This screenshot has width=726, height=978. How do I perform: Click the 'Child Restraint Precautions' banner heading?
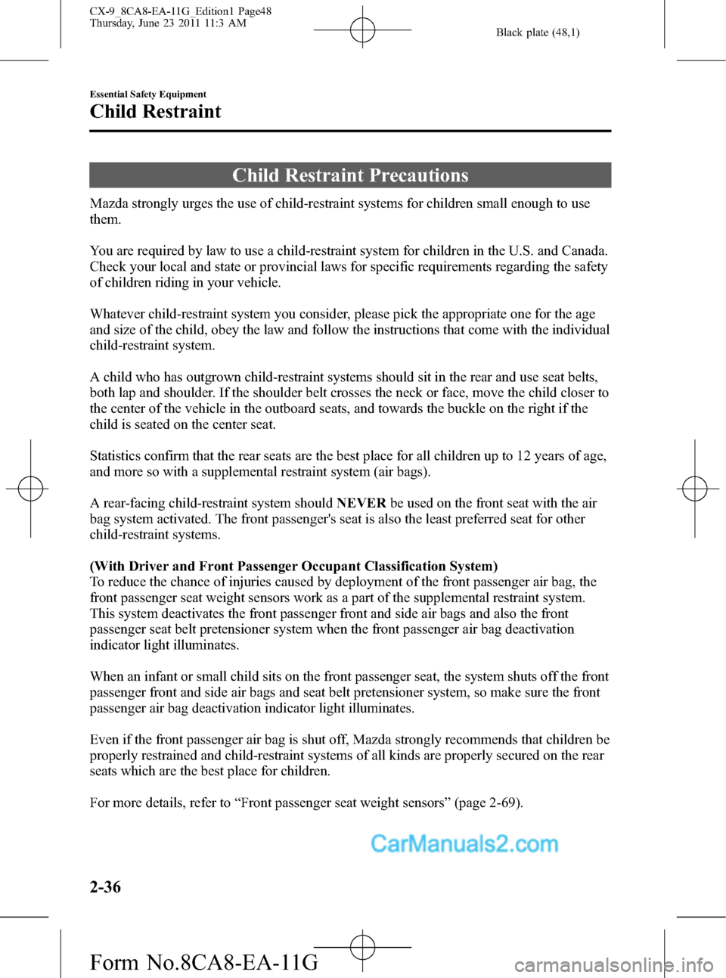[x=350, y=175]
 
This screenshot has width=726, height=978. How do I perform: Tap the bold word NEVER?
[x=361, y=503]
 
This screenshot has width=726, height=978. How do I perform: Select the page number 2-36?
[x=105, y=886]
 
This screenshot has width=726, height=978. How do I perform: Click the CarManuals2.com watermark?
[x=464, y=843]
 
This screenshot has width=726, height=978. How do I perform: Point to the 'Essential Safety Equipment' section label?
[x=148, y=95]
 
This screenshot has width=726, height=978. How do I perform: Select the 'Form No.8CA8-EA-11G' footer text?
[x=203, y=962]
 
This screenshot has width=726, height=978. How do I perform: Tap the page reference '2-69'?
[x=504, y=803]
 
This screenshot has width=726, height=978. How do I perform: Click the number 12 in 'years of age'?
[x=523, y=455]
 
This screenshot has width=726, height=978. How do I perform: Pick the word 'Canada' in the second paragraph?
[x=583, y=250]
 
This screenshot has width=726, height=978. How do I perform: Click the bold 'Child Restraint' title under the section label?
[x=156, y=112]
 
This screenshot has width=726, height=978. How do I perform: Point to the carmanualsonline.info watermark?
[x=613, y=964]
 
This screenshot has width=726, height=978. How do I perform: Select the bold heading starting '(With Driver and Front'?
[x=293, y=566]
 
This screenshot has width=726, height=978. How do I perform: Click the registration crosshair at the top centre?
[x=362, y=30]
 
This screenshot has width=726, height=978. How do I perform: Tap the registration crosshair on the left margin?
[x=30, y=489]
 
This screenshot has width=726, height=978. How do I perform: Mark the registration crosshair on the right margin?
[x=694, y=489]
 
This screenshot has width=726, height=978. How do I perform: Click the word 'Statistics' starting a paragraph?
[x=116, y=455]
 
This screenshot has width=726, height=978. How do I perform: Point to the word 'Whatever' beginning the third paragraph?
[x=117, y=314]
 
